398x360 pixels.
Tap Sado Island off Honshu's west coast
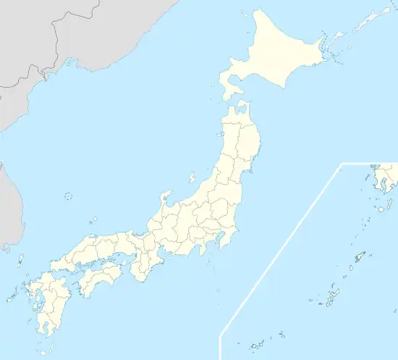(192, 177)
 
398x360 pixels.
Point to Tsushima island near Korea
(21, 259)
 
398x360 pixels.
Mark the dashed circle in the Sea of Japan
(69, 196)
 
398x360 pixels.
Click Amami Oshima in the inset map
(357, 258)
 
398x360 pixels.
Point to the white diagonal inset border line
(282, 250)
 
